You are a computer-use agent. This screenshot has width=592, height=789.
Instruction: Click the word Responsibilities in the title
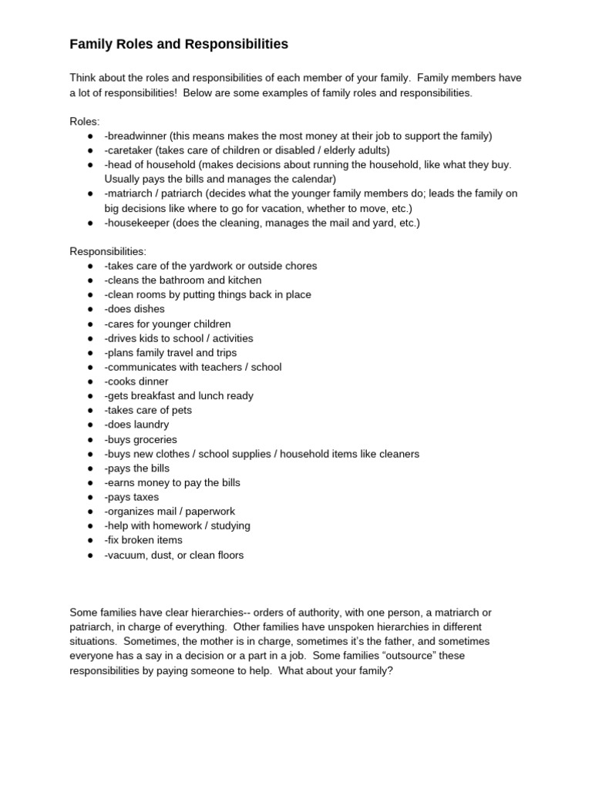[x=237, y=45]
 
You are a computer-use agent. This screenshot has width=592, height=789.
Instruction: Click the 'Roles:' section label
[x=85, y=122]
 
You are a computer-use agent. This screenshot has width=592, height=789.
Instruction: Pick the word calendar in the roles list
[x=312, y=180]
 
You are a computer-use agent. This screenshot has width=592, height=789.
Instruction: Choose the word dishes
[x=149, y=309]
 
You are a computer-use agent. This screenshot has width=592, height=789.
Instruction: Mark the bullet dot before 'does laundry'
[x=90, y=425]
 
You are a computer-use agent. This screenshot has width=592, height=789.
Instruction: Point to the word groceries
[x=155, y=439]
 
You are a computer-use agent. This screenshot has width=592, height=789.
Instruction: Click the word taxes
[x=146, y=497]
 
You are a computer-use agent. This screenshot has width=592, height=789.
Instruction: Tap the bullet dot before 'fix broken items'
[x=90, y=540]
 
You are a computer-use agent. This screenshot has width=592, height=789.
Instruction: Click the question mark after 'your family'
[x=391, y=670]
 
